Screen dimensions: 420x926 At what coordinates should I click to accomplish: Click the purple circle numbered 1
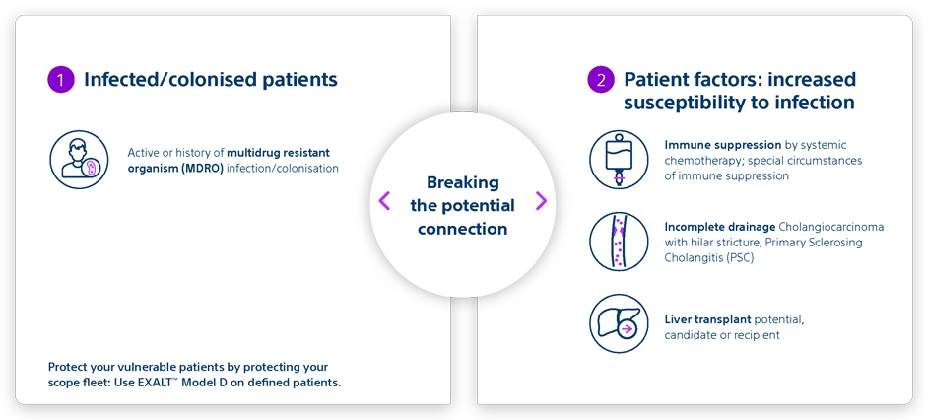(x=61, y=80)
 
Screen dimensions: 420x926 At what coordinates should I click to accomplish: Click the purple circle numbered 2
(x=601, y=80)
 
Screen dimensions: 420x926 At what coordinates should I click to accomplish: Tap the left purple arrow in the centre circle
(x=384, y=201)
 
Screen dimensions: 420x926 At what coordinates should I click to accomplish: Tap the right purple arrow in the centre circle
(x=541, y=201)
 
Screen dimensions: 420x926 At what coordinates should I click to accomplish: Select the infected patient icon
(x=79, y=160)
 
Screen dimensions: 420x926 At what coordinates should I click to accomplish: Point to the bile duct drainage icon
(x=619, y=242)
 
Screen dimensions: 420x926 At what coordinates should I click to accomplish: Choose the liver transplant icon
(x=619, y=323)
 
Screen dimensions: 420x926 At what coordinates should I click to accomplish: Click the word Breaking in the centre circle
(x=462, y=182)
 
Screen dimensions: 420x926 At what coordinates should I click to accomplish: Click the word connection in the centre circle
(x=462, y=229)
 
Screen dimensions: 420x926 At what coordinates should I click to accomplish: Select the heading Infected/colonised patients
(x=211, y=80)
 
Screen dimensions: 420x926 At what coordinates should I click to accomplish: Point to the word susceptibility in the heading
(x=679, y=103)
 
